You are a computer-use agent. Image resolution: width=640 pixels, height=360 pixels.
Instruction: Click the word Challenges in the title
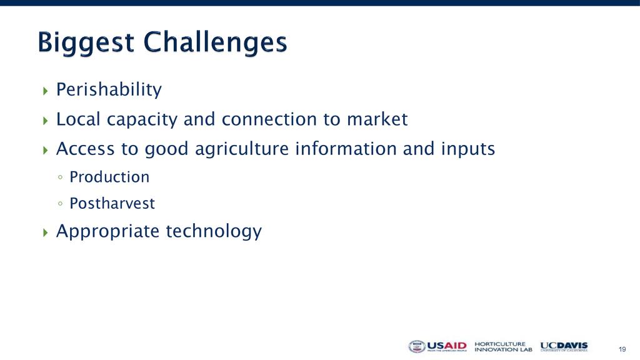coord(215,42)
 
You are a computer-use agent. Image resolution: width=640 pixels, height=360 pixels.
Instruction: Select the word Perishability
coord(109,90)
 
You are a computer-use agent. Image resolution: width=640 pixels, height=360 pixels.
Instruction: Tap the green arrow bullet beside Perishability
coord(45,91)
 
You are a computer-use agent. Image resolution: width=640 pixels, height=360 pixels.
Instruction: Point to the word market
coord(377,119)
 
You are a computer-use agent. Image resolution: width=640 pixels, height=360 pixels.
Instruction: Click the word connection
coord(269,119)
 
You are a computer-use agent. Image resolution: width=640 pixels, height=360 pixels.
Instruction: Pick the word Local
coord(78,119)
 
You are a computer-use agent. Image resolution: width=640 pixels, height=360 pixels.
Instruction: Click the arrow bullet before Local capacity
coord(45,121)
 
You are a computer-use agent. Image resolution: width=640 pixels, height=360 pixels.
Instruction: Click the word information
coord(346,149)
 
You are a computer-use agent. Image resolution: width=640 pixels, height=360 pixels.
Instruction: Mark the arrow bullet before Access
coord(45,150)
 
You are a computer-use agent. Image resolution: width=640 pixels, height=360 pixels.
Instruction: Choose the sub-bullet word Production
coord(109,177)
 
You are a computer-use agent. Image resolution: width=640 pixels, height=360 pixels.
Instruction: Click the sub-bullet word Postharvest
coord(112,203)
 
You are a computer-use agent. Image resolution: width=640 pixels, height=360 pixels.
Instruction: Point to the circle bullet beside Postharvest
coord(61,203)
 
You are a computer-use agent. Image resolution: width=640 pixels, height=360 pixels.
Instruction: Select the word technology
coord(214,231)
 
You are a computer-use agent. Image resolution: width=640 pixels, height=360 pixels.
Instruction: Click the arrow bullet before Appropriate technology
coord(45,232)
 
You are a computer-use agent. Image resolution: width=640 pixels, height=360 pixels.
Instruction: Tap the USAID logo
coord(437,346)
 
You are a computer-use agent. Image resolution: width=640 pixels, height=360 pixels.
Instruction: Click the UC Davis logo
coord(564,346)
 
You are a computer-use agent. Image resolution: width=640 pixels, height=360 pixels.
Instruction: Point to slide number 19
coord(622,349)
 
